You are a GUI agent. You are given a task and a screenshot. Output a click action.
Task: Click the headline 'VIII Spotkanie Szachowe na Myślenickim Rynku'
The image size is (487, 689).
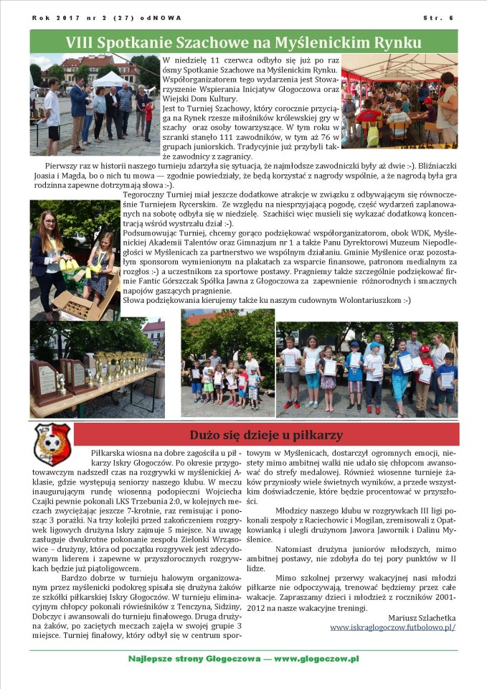click(243, 42)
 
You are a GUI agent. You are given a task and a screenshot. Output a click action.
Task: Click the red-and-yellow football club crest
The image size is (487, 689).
click(52, 444)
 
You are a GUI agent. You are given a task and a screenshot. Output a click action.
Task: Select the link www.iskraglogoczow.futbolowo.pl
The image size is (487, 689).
click(392, 627)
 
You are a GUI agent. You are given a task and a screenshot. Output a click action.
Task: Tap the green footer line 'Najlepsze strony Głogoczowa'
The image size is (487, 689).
click(243, 658)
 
